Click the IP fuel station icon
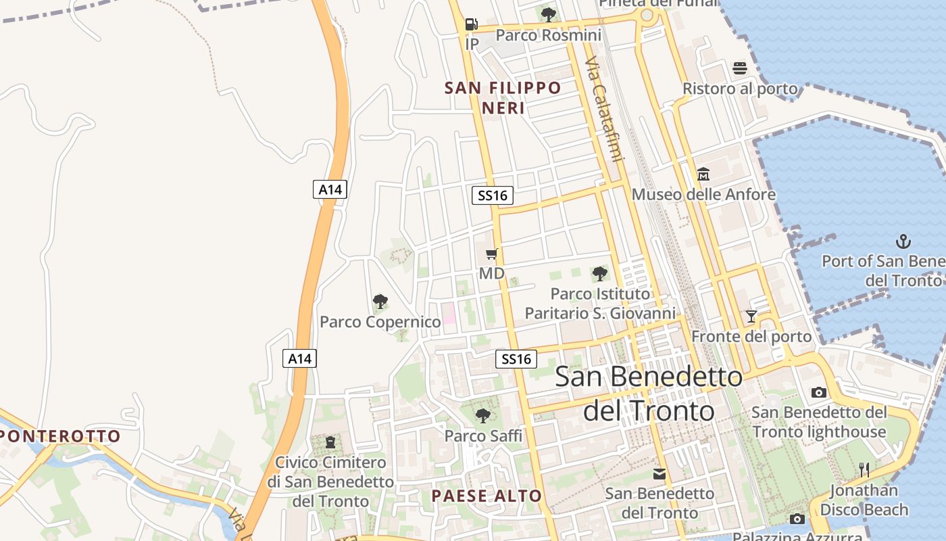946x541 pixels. (471, 24)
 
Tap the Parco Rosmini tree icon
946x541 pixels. (549, 14)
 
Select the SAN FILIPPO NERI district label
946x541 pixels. (503, 97)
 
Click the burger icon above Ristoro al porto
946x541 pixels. (740, 68)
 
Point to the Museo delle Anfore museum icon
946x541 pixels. (703, 174)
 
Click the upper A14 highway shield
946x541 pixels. (330, 189)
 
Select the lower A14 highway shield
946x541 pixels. (299, 358)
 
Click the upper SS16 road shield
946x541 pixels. (493, 195)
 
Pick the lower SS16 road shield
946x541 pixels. (517, 358)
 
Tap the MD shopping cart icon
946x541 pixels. (492, 254)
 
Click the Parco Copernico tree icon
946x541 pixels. (380, 302)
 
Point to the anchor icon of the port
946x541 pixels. (903, 241)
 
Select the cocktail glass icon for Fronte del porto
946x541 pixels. (751, 316)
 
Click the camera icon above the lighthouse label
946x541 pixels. (819, 392)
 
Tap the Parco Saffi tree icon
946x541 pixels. (482, 415)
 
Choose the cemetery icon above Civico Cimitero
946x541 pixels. (330, 442)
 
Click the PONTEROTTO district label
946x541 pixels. (60, 436)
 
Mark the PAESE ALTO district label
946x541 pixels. (487, 496)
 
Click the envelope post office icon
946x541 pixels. (659, 474)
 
